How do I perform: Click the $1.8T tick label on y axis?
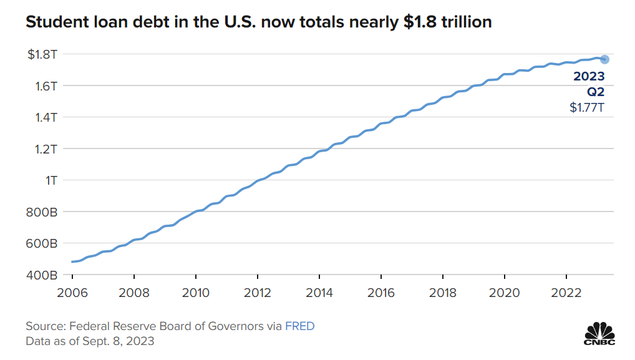click(x=43, y=54)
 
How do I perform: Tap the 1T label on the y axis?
click(x=51, y=180)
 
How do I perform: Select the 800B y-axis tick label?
click(x=43, y=212)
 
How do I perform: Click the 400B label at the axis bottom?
click(x=43, y=275)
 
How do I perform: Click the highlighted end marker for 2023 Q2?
click(x=604, y=59)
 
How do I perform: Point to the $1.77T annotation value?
click(x=588, y=107)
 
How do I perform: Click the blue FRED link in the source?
click(x=300, y=326)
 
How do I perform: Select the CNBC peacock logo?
click(x=599, y=332)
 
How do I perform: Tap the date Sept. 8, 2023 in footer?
click(x=118, y=341)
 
